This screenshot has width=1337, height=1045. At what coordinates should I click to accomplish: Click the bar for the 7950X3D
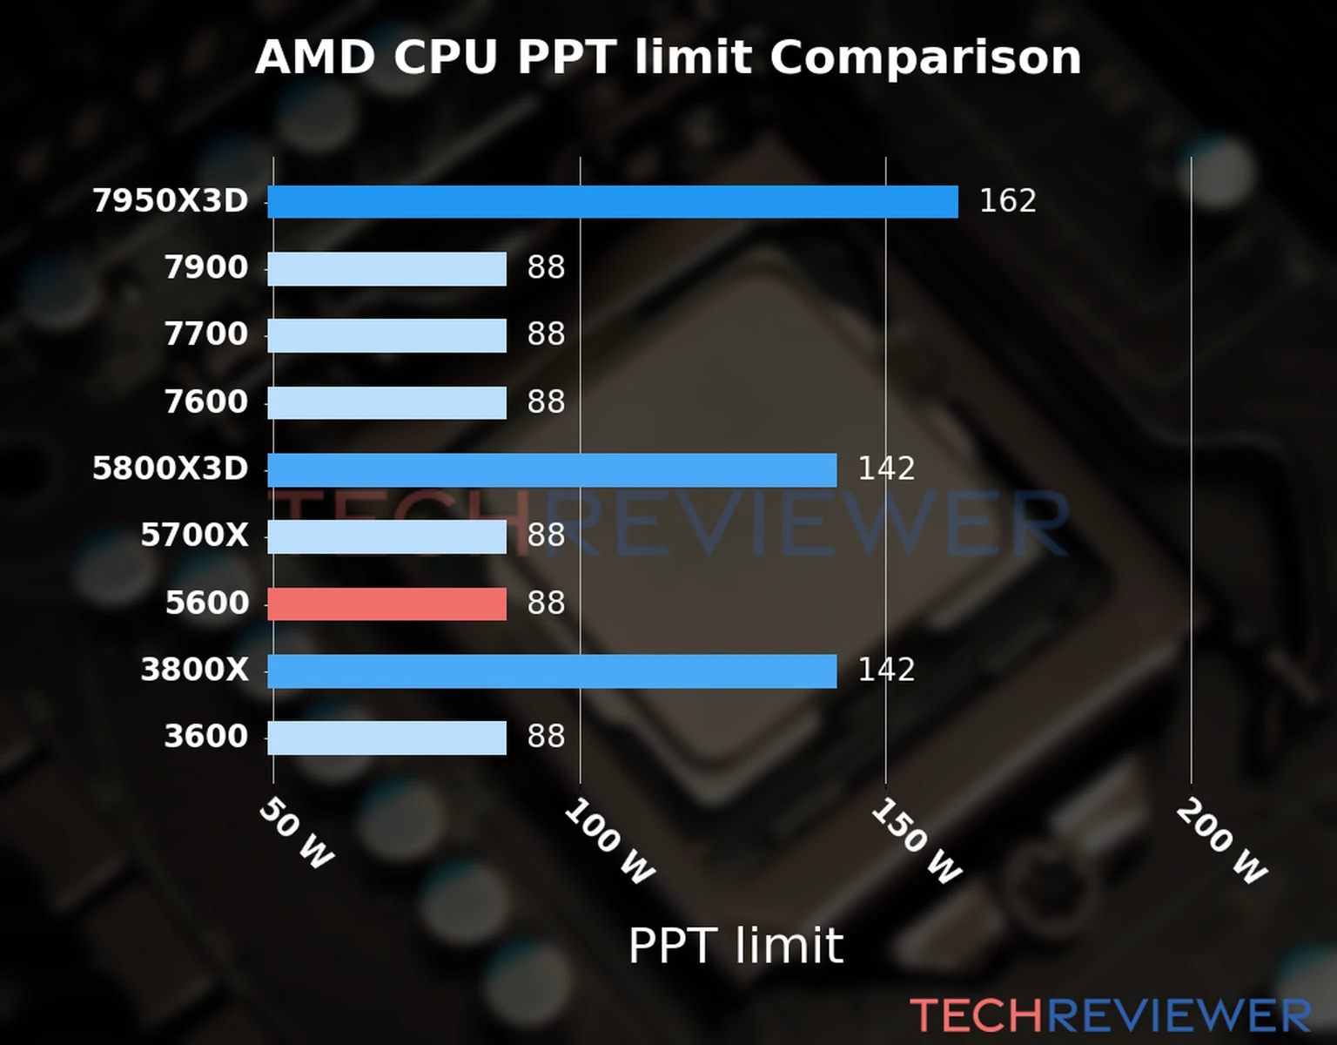[x=612, y=202]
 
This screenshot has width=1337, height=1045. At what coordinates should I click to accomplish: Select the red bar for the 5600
[x=386, y=603]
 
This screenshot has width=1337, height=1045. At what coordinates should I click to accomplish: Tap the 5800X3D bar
[x=552, y=470]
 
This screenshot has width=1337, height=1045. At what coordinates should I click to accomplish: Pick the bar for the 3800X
[x=552, y=671]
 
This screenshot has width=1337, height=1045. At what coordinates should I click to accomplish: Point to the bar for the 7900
[x=386, y=269]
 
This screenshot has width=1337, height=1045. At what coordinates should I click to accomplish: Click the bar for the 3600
[x=386, y=738]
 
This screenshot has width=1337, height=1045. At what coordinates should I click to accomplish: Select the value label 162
[x=1007, y=201]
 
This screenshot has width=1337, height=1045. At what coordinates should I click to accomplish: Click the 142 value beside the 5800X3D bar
[x=886, y=469]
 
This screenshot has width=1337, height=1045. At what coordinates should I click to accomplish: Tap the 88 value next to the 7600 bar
[x=546, y=402]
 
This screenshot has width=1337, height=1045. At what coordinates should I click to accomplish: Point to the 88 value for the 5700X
[x=546, y=536]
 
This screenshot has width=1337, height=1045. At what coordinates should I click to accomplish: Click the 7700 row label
[x=206, y=334]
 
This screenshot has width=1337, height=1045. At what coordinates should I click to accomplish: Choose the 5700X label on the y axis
[x=194, y=536]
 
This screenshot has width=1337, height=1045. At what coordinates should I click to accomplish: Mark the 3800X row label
[x=194, y=670]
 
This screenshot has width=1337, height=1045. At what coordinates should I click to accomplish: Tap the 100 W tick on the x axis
[x=609, y=842]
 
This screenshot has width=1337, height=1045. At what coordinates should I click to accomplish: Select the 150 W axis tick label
[x=916, y=842]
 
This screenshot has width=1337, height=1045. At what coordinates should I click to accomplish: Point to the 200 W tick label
[x=1221, y=842]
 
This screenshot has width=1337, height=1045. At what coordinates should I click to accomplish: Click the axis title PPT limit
[x=736, y=946]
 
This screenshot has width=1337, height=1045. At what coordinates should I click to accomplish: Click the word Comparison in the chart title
[x=925, y=57]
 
